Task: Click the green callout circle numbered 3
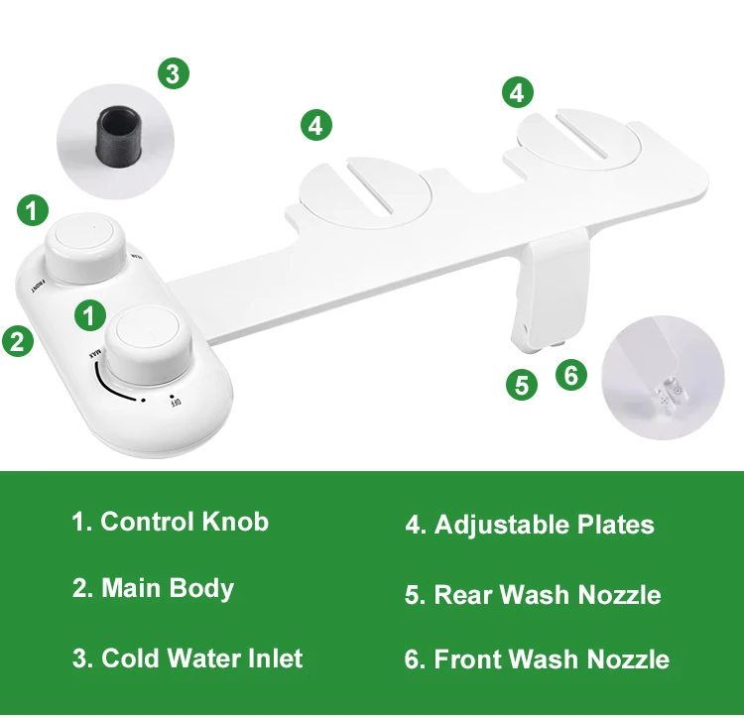tap(173, 73)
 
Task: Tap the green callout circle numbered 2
tap(16, 340)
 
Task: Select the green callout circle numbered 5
tap(522, 385)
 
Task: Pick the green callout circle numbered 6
tap(570, 375)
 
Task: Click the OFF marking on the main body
tap(176, 401)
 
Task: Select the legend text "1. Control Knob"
tap(170, 522)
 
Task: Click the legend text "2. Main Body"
tap(153, 588)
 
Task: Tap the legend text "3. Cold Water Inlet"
tap(186, 658)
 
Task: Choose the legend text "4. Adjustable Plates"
tap(530, 525)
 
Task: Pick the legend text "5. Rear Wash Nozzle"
tap(533, 595)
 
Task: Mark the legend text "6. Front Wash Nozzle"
tap(537, 659)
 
